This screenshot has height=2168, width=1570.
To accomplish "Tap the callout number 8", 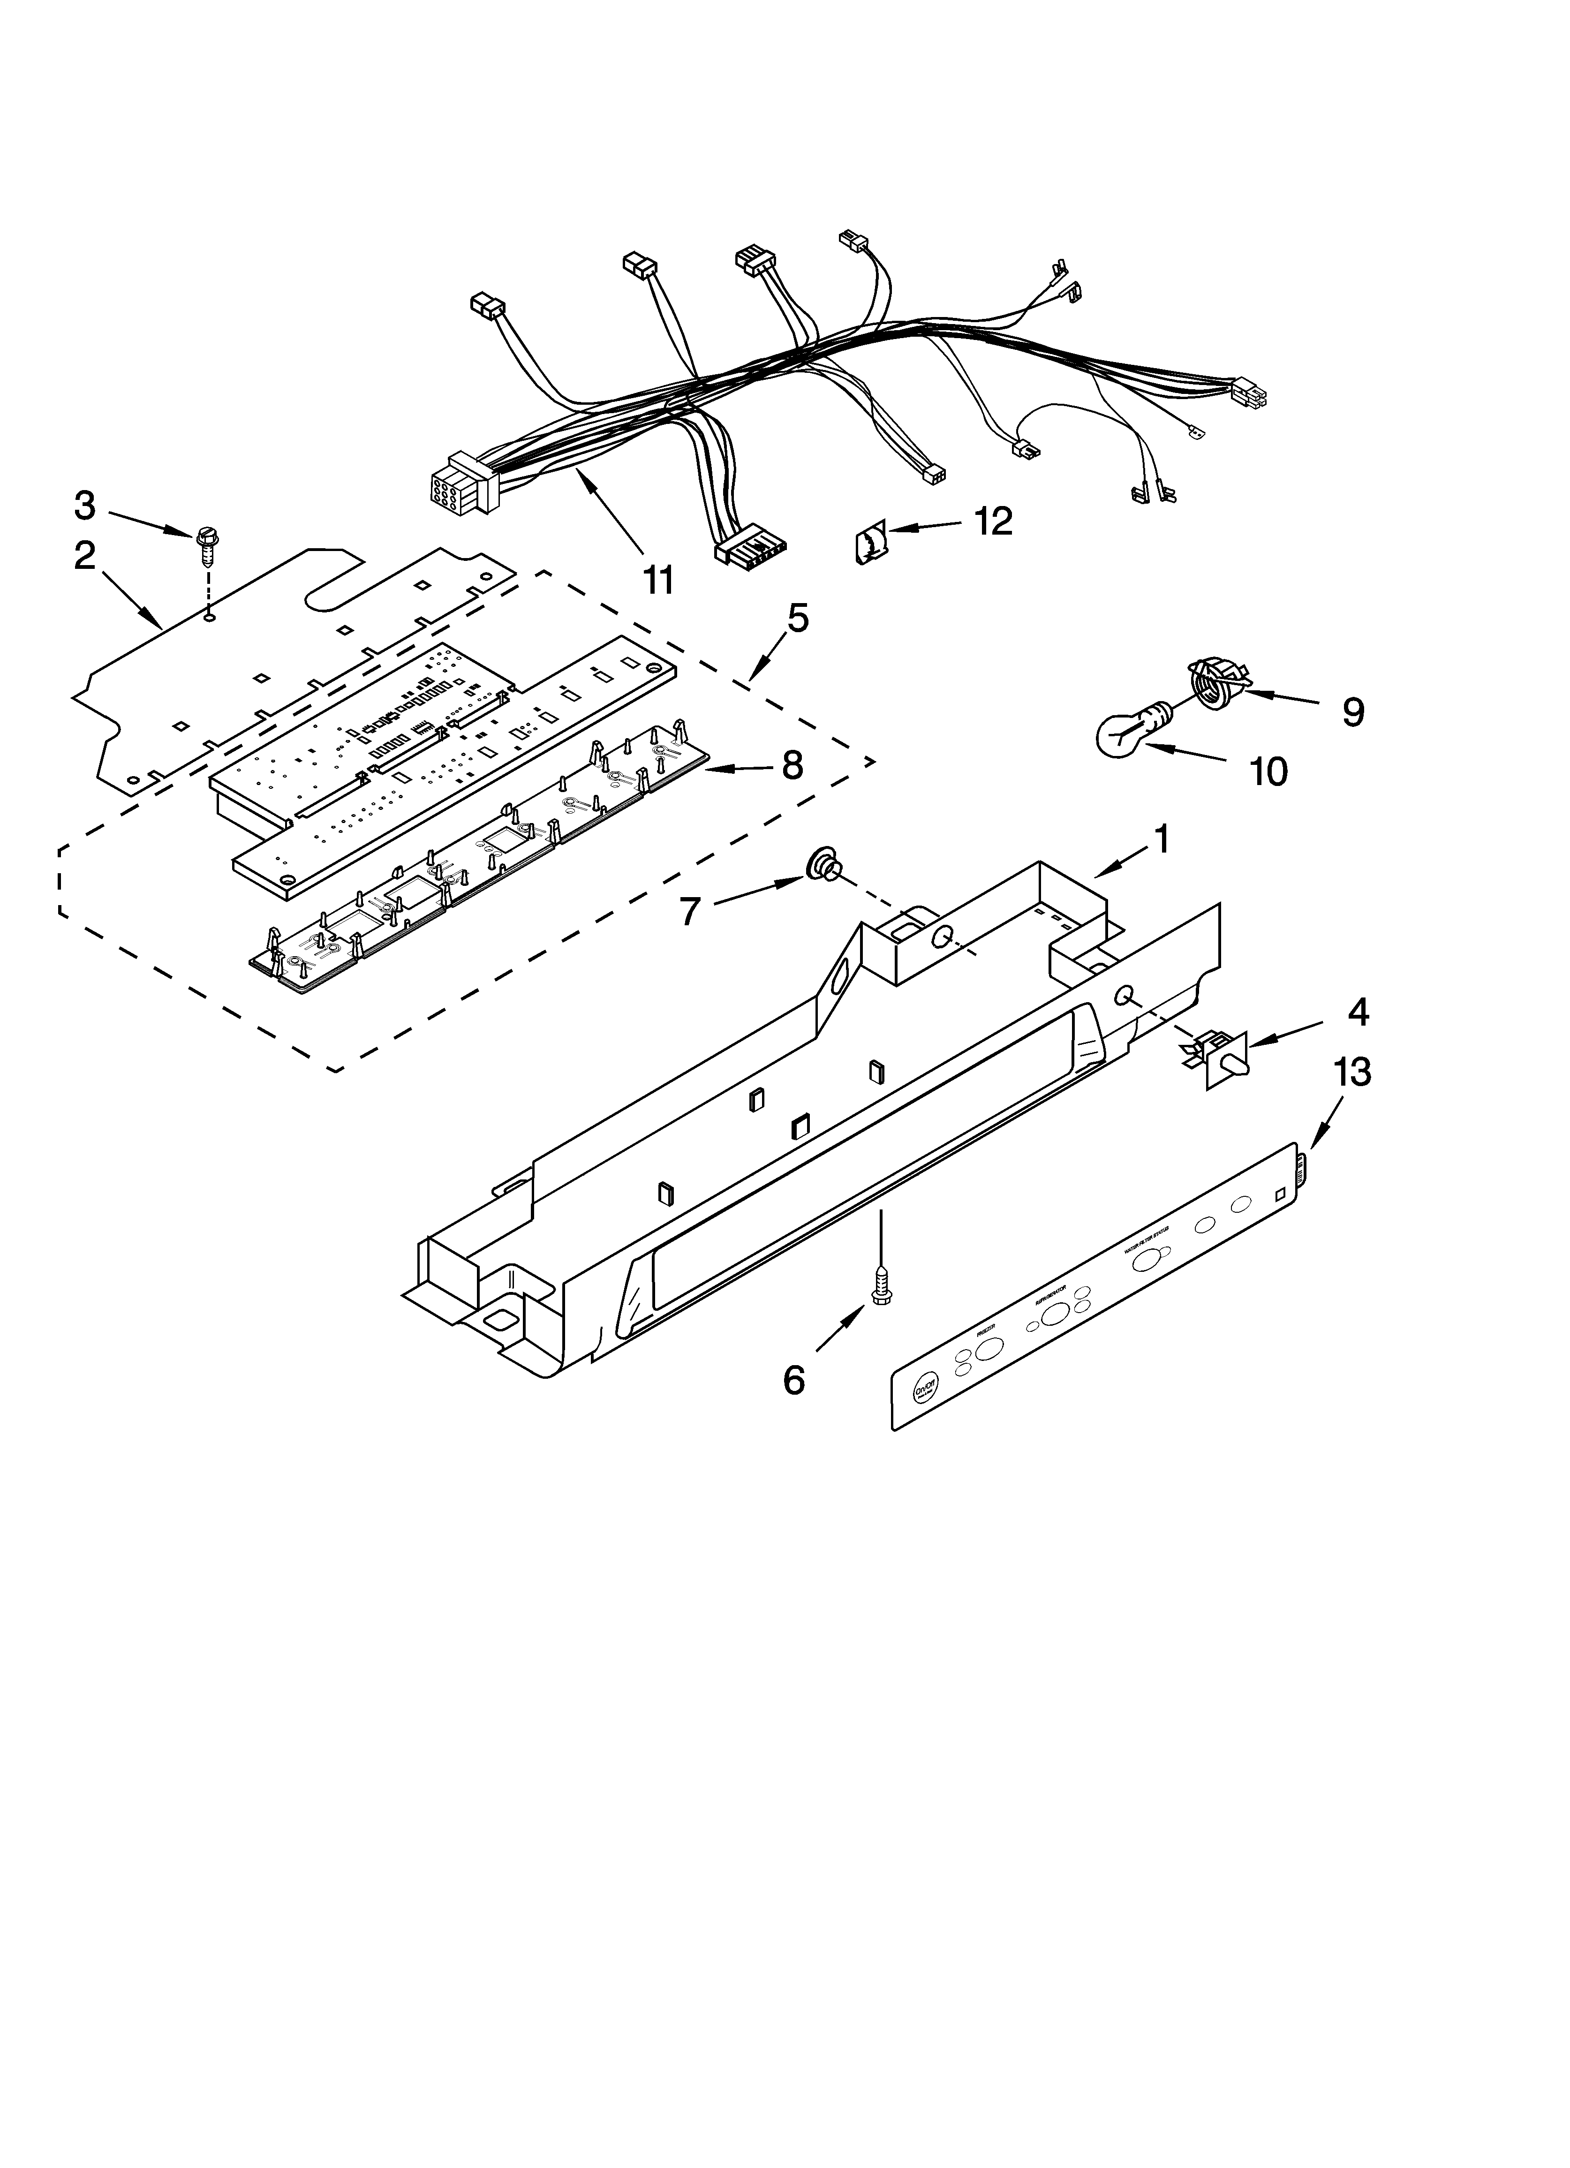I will [792, 766].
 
